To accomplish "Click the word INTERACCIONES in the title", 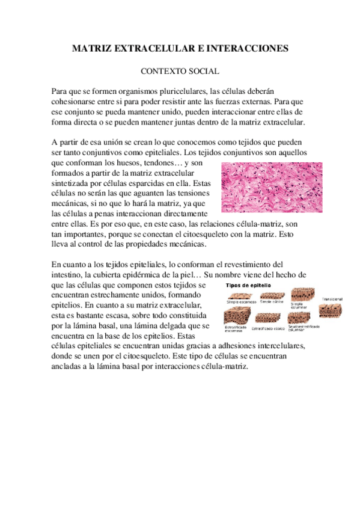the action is point(251,48).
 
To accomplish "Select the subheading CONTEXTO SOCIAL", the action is point(180,70).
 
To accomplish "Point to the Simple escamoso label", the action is point(239,302).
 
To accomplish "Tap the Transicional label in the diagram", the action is point(331,299).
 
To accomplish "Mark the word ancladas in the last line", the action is point(68,367).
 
